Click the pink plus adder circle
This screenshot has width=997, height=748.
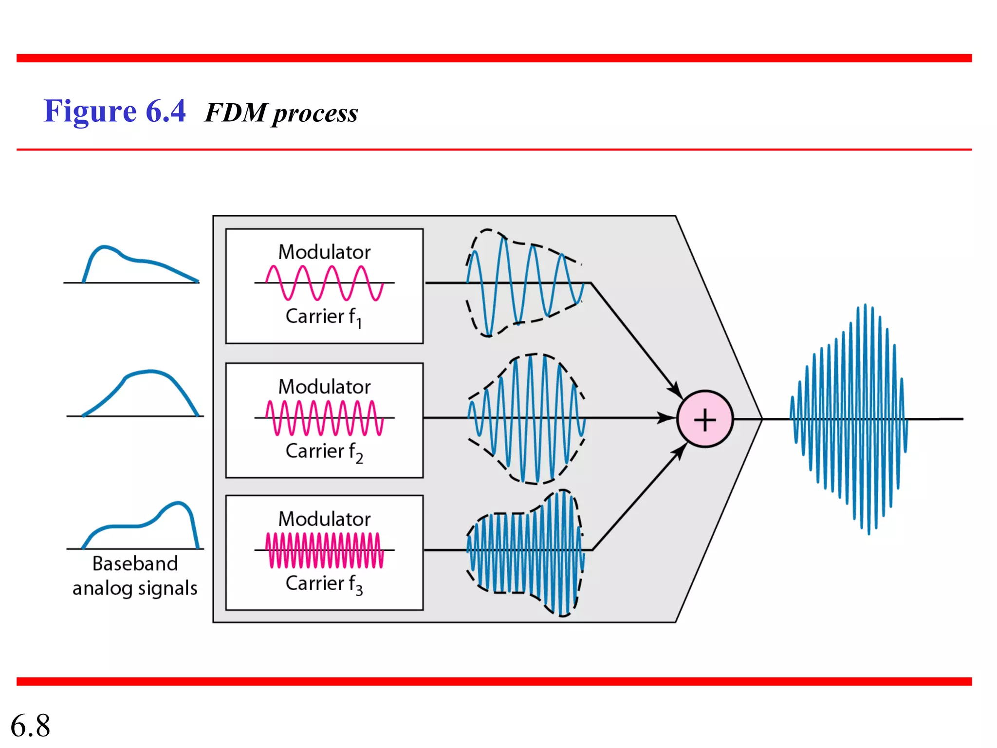704,419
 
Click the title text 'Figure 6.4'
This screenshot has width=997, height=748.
114,111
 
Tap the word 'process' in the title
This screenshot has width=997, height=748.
315,114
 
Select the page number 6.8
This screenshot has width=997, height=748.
30,725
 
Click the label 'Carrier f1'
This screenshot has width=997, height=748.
324,317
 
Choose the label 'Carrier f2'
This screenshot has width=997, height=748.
324,452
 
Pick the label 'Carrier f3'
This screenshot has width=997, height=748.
324,584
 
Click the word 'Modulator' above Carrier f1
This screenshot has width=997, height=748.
324,252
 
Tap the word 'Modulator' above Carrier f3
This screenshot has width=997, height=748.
324,519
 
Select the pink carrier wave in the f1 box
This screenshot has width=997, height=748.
324,282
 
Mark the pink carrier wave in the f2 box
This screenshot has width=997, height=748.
324,418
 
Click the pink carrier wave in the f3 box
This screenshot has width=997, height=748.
324,550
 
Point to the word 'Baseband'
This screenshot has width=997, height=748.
135,564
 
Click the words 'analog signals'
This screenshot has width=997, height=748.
135,588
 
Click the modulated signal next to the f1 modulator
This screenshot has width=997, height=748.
525,283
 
